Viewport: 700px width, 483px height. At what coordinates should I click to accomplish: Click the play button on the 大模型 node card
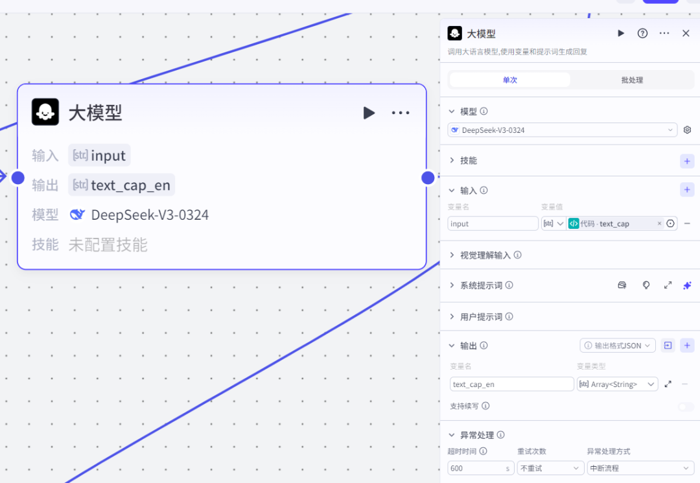(x=369, y=113)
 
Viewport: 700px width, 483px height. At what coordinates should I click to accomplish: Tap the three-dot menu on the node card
(x=401, y=113)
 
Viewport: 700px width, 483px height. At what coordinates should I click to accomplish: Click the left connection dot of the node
(x=18, y=178)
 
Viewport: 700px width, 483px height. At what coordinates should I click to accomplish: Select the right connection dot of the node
(x=428, y=178)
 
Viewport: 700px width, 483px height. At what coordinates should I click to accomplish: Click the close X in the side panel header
(x=686, y=33)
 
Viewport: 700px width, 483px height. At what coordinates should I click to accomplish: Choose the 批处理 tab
(x=632, y=80)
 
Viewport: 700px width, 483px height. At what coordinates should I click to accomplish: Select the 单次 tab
(x=509, y=80)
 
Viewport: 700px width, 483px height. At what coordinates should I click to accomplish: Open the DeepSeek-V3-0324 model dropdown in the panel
(x=563, y=130)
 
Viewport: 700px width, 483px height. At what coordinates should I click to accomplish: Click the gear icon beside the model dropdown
(x=687, y=130)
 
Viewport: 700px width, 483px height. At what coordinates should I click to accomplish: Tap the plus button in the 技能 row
(x=687, y=161)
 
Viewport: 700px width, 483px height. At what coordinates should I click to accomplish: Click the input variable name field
(x=493, y=224)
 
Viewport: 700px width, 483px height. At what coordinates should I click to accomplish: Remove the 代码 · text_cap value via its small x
(x=660, y=224)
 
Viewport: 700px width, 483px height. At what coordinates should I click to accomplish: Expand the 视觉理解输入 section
(x=452, y=255)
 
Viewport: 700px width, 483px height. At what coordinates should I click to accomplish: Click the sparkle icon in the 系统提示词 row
(x=687, y=285)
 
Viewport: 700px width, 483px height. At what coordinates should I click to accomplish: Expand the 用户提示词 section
(x=452, y=317)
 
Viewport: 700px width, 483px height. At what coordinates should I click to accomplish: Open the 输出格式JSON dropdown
(x=618, y=346)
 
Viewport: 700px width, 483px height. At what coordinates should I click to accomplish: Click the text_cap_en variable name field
(x=511, y=384)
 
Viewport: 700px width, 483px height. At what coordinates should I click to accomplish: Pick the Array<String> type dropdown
(x=617, y=384)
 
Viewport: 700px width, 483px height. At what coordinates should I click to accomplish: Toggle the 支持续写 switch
(x=686, y=406)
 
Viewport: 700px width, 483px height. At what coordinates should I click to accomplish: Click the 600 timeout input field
(x=480, y=468)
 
